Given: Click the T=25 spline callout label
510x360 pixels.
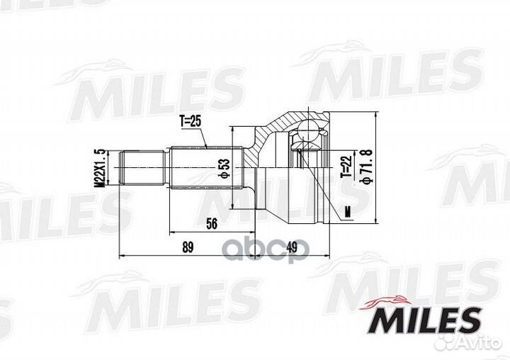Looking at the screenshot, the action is click(191, 121).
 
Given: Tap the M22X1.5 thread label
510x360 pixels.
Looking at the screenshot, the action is click(100, 168).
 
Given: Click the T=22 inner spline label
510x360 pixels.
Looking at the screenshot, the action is click(346, 167).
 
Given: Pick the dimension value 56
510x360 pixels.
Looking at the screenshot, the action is click(212, 224).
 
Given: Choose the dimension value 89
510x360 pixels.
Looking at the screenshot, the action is click(188, 247).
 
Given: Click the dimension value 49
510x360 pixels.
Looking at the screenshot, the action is click(291, 247).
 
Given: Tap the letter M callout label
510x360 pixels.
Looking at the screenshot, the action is click(348, 212).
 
